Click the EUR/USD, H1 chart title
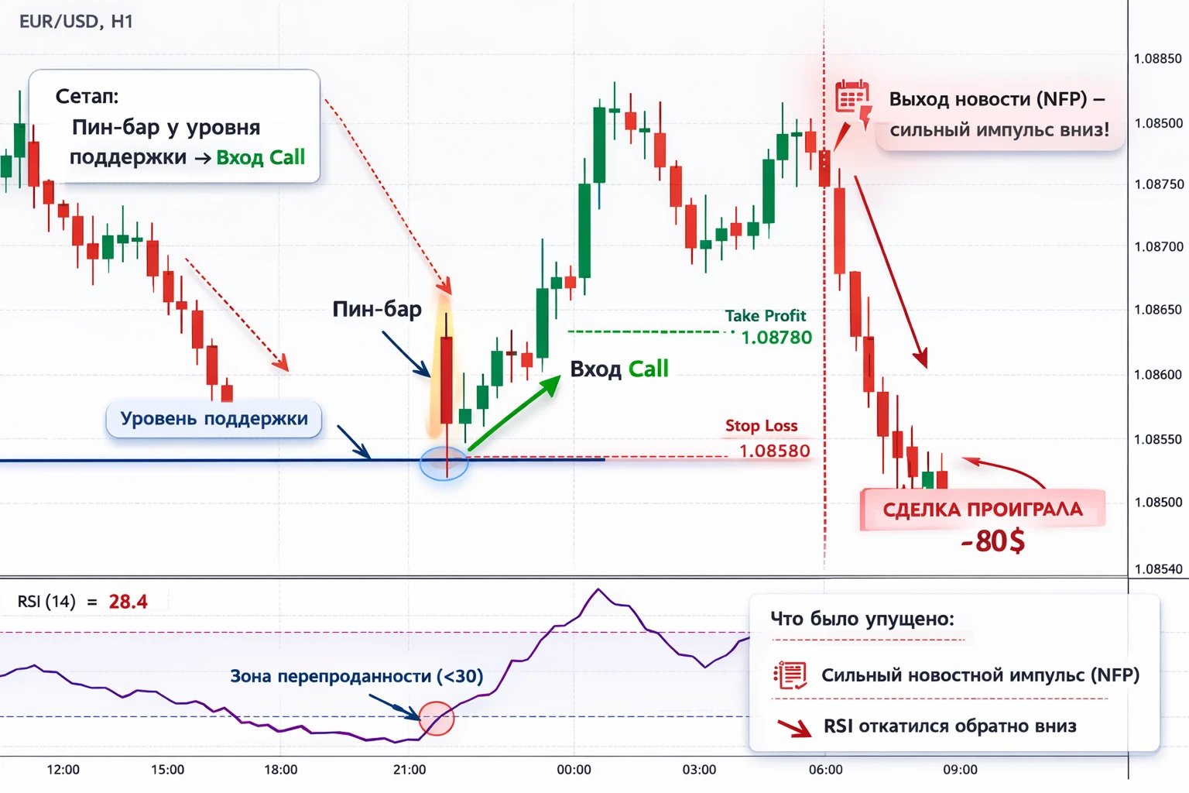coord(76,22)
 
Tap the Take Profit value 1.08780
coord(776,338)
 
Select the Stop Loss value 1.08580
coord(774,451)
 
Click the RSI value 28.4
coord(128,602)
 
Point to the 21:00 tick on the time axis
coord(409,770)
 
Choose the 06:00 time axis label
coord(825,770)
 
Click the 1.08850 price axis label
coord(1158,58)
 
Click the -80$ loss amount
coord(992,541)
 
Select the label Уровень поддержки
coord(214,418)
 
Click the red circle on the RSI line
coord(437,718)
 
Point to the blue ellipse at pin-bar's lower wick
coord(444,464)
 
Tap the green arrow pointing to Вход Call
coord(514,413)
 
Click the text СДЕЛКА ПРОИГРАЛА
coord(982,510)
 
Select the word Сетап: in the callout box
coord(87,96)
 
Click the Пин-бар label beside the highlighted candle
coord(377,308)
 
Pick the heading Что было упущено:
coord(862,618)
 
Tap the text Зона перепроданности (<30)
coord(357,676)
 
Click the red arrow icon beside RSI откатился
coord(795,728)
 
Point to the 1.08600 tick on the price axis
coord(1158,375)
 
